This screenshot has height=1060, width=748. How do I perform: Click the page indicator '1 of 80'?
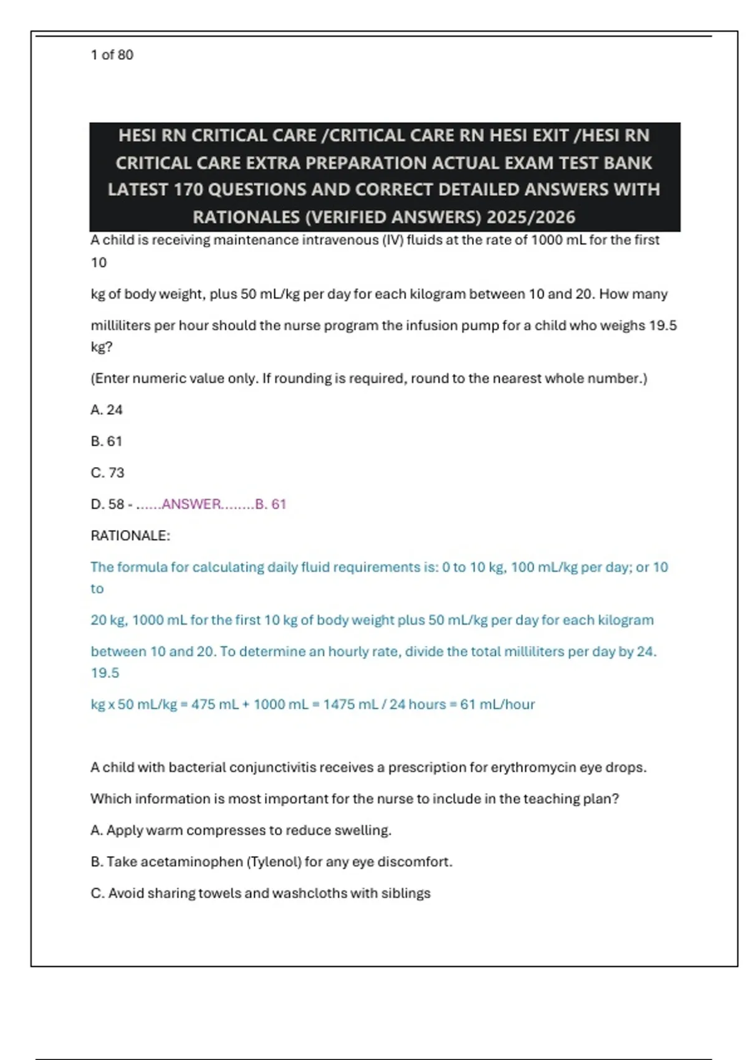tap(112, 55)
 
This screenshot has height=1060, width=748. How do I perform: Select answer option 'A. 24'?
tap(107, 410)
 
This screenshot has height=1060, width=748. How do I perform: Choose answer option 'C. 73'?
tap(107, 473)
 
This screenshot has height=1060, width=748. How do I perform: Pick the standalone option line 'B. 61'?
tap(107, 441)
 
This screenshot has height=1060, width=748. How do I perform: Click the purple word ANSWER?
tap(191, 504)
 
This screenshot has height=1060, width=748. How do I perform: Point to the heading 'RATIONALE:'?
tap(130, 536)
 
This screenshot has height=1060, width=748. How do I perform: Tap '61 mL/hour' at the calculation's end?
tap(497, 705)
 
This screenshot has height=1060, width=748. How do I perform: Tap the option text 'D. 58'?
tap(107, 504)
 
